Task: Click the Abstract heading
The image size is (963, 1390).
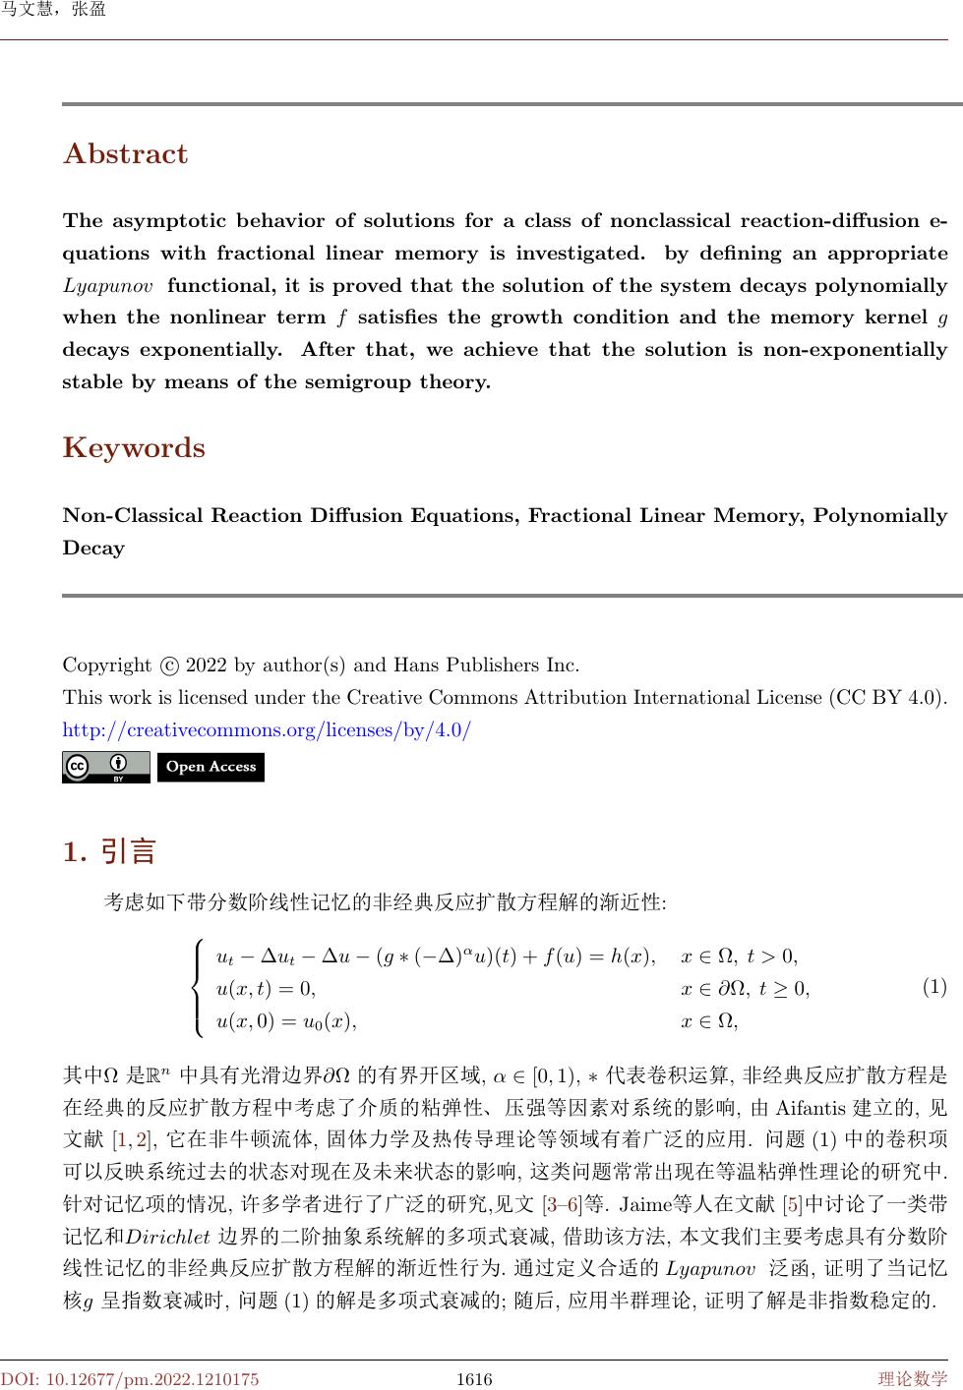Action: pos(125,154)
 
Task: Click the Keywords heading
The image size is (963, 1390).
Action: pos(134,448)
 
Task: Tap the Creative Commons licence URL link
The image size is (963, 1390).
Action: pos(267,730)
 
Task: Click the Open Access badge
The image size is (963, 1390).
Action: pos(211,767)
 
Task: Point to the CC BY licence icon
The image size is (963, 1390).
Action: pos(106,767)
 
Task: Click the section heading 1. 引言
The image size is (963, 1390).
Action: pos(109,851)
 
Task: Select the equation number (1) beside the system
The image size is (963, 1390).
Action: pos(933,986)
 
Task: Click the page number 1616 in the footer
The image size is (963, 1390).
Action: pos(474,1379)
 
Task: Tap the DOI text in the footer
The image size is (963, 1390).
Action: pos(130,1379)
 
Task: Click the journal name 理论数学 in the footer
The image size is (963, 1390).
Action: pos(913,1379)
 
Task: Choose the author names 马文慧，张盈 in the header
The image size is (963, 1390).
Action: pos(53,10)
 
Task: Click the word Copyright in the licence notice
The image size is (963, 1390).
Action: pos(107,666)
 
